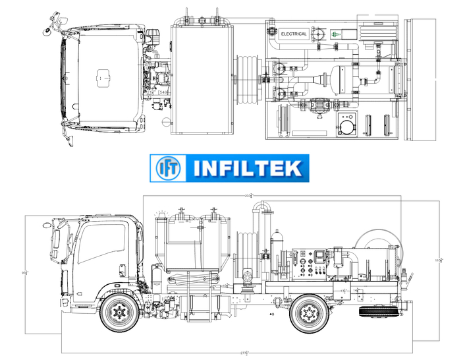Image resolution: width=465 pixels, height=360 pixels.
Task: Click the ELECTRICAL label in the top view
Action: click(294, 34)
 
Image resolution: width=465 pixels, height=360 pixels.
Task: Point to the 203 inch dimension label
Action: click(248, 196)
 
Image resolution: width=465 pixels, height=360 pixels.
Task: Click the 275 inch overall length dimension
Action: click(244, 353)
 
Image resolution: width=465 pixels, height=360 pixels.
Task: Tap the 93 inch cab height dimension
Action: click(25, 272)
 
